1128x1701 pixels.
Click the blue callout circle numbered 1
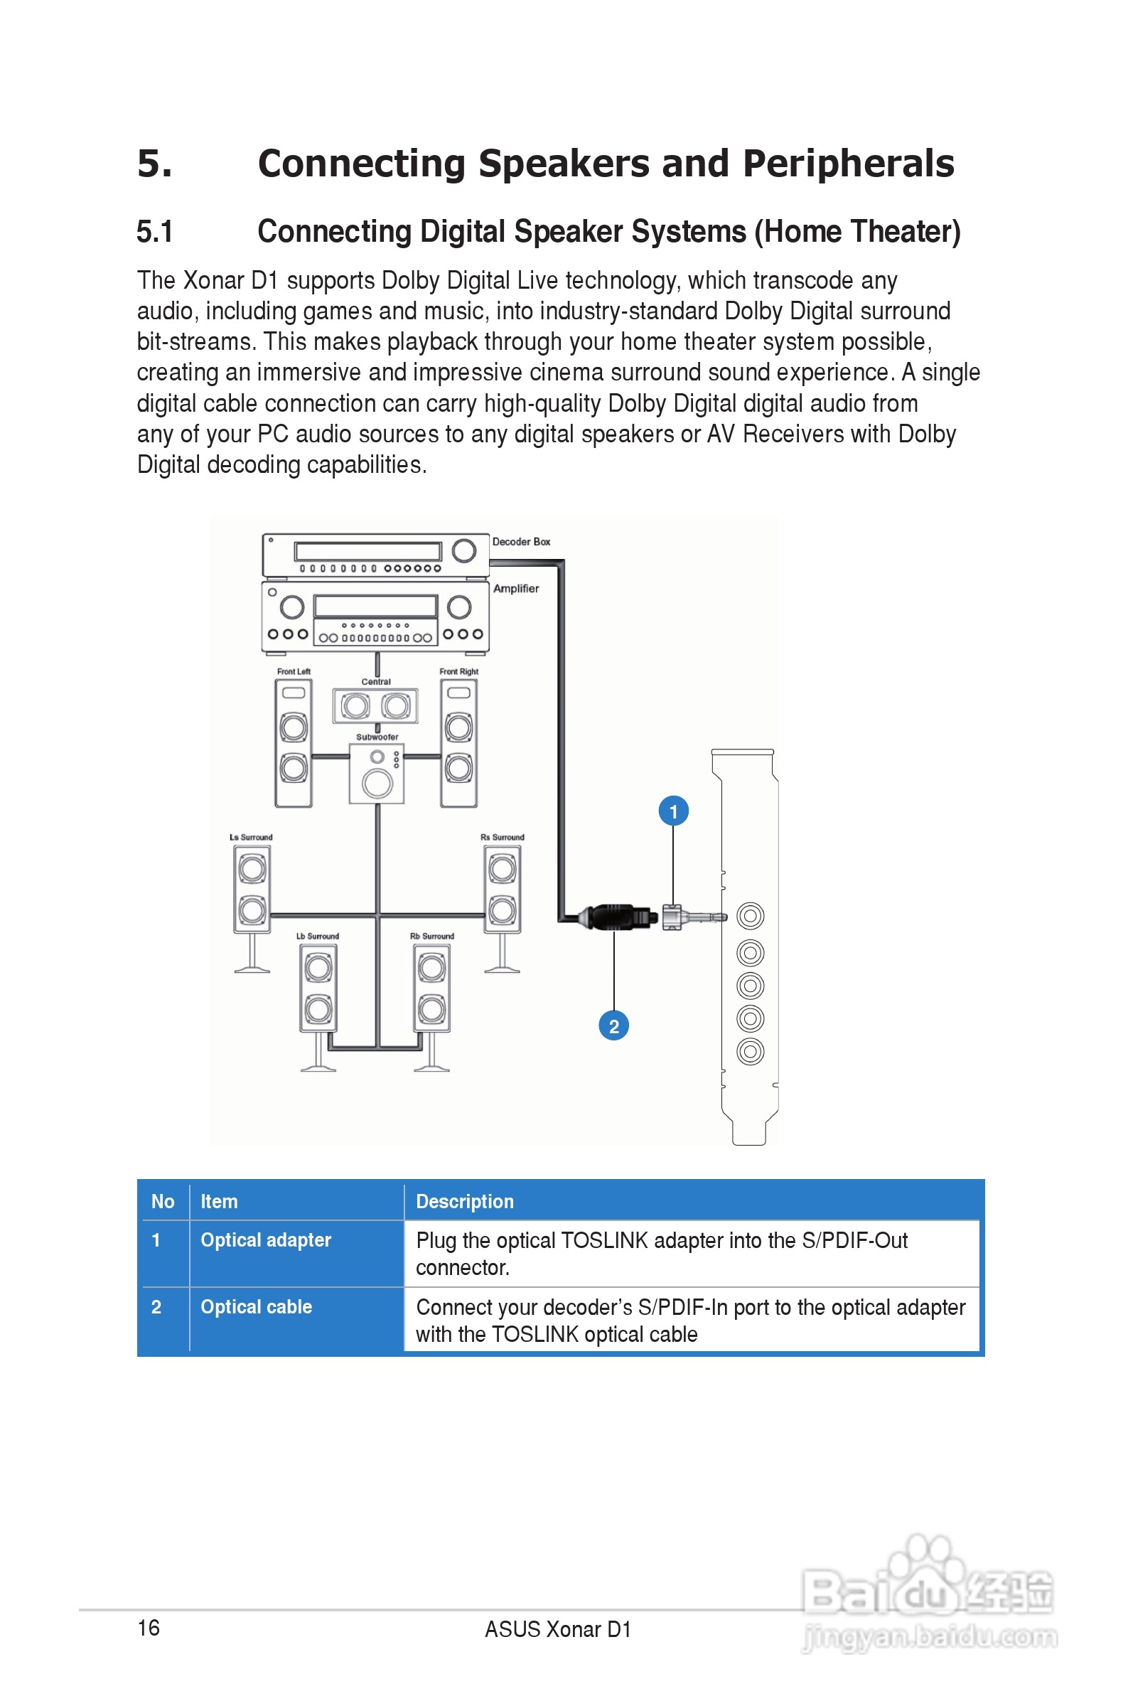point(673,811)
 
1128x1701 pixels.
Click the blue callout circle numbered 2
point(613,1025)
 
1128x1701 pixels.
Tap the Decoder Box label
point(521,542)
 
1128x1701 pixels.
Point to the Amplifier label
point(516,589)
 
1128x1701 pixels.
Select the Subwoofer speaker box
point(377,774)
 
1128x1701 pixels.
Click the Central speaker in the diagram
point(375,706)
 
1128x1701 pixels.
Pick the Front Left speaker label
point(294,671)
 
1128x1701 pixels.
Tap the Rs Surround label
point(502,837)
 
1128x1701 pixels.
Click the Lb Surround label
point(317,936)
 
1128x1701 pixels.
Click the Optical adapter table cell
point(265,1239)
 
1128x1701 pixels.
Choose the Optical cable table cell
point(256,1307)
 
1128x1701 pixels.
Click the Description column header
point(465,1202)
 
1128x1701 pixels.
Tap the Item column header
point(219,1202)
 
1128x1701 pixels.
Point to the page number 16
point(149,1628)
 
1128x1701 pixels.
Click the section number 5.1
point(155,232)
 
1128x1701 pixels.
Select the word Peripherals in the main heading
point(848,164)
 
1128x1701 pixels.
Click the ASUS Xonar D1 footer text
point(557,1629)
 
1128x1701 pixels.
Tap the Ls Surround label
point(251,837)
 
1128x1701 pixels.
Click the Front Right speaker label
point(459,671)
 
